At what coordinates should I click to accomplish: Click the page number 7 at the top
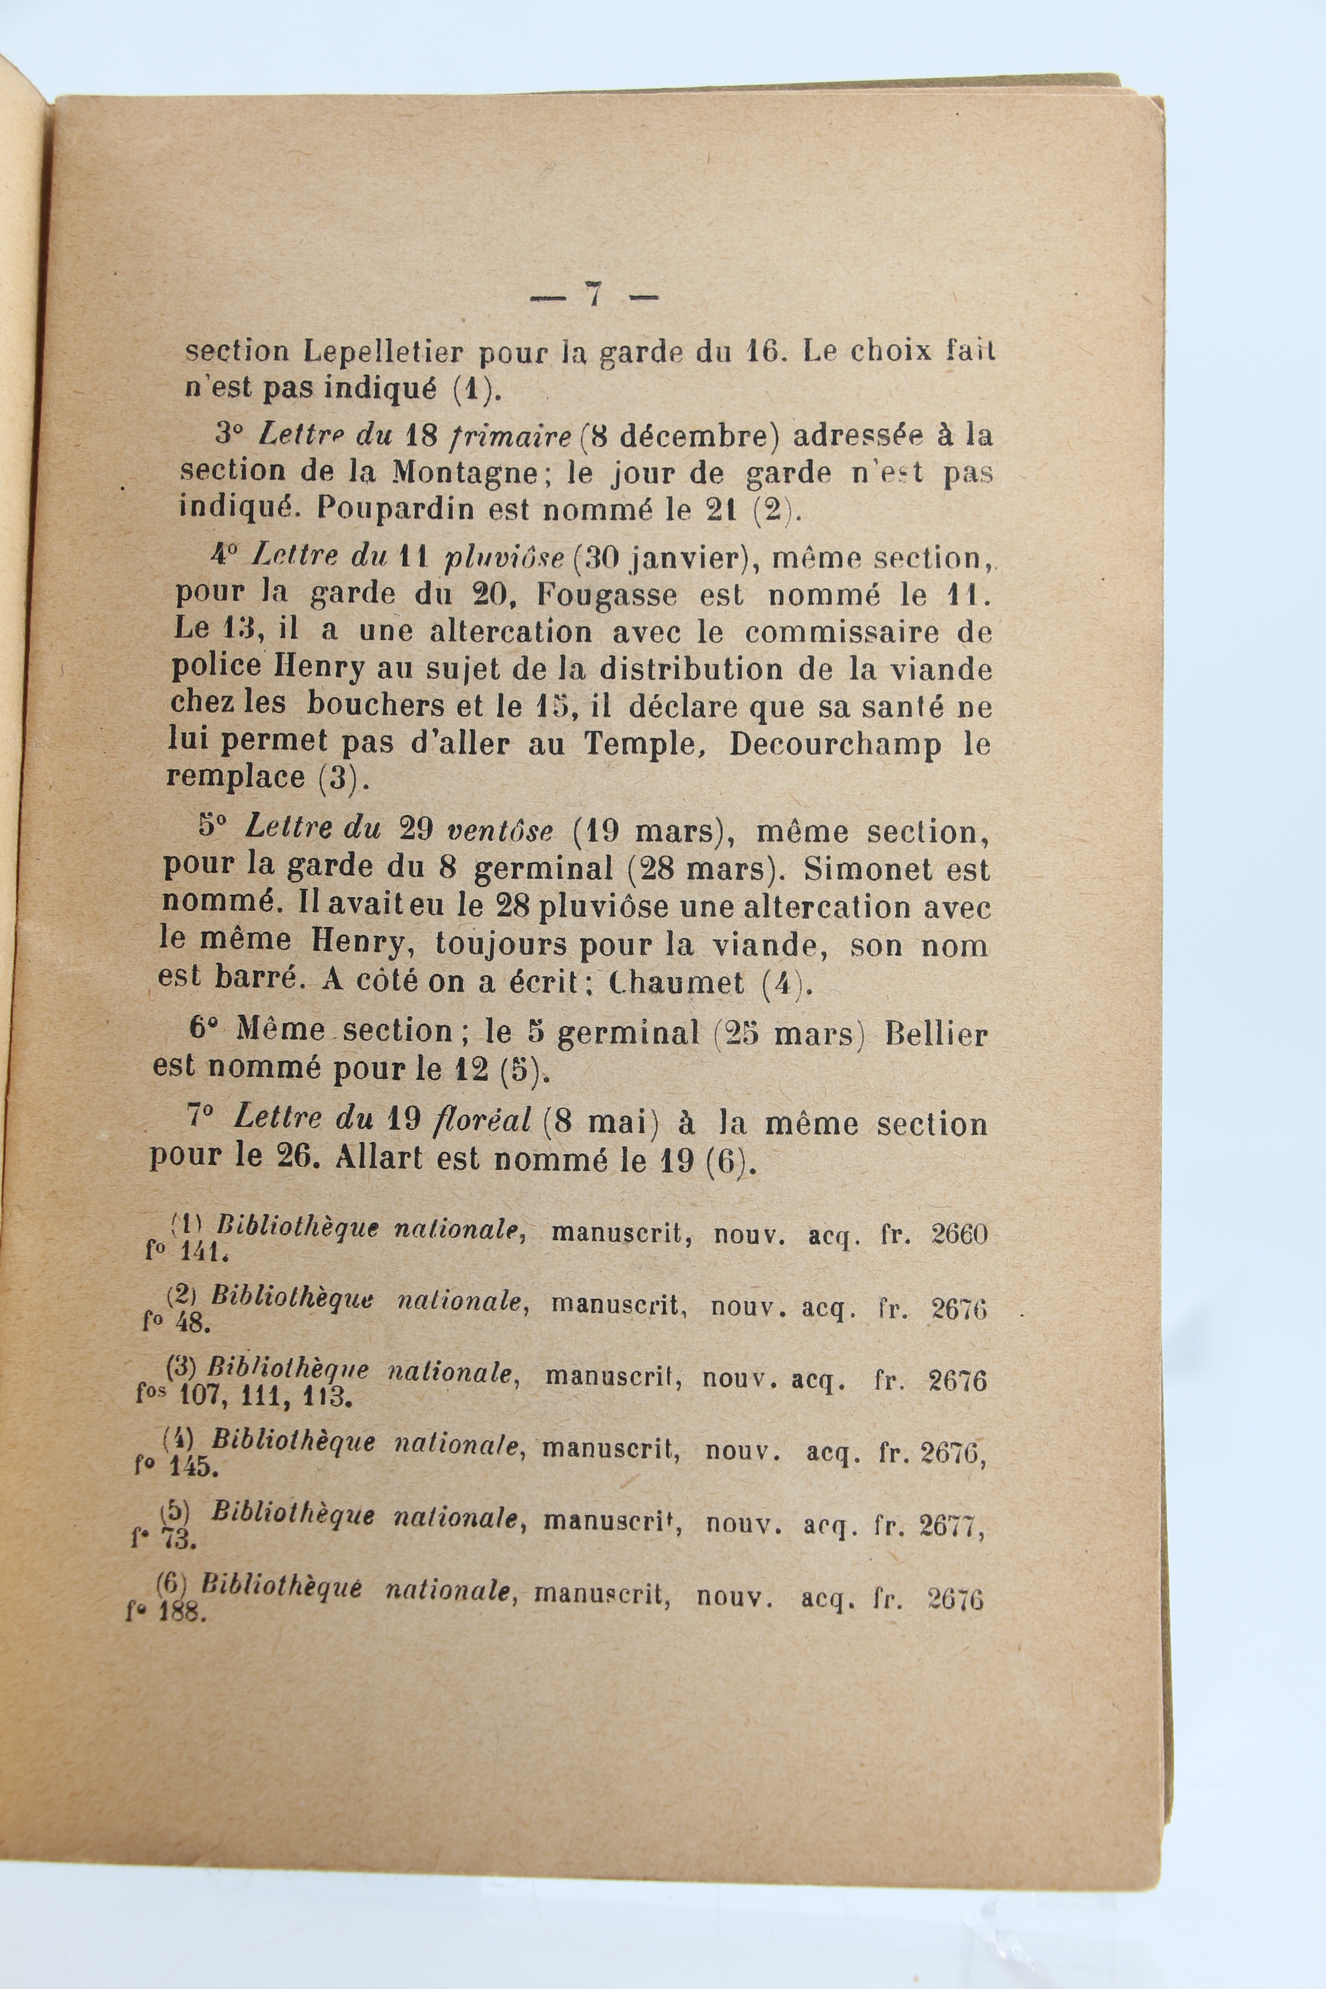[x=594, y=295]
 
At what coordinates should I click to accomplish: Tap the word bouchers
[x=377, y=705]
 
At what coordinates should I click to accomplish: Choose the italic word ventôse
[x=499, y=830]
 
